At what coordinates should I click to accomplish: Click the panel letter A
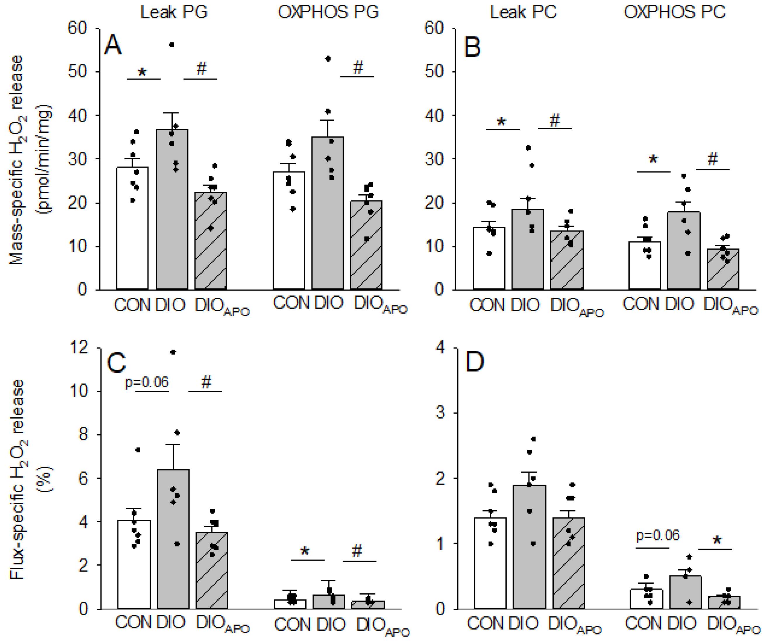113,45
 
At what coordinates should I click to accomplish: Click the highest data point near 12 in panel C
174,352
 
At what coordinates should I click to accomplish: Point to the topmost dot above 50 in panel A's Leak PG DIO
172,45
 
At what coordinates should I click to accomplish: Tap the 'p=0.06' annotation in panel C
146,383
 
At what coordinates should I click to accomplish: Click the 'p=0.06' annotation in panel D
658,535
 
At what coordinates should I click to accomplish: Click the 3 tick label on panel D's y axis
441,413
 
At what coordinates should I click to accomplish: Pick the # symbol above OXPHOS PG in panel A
358,68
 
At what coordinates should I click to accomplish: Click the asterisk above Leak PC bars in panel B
502,121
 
